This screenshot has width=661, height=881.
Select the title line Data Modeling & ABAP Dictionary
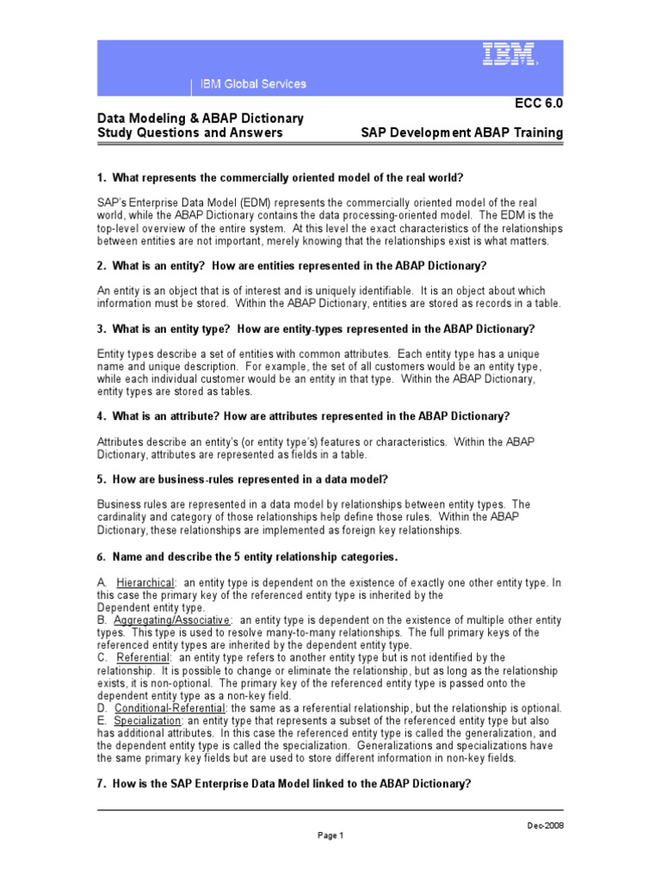click(200, 118)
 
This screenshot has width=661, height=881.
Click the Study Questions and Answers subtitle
click(189, 133)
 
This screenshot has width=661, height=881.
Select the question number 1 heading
click(280, 178)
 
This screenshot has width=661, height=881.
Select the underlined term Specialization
click(148, 720)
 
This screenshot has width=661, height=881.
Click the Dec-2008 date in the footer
click(545, 825)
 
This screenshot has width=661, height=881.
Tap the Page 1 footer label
click(330, 835)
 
